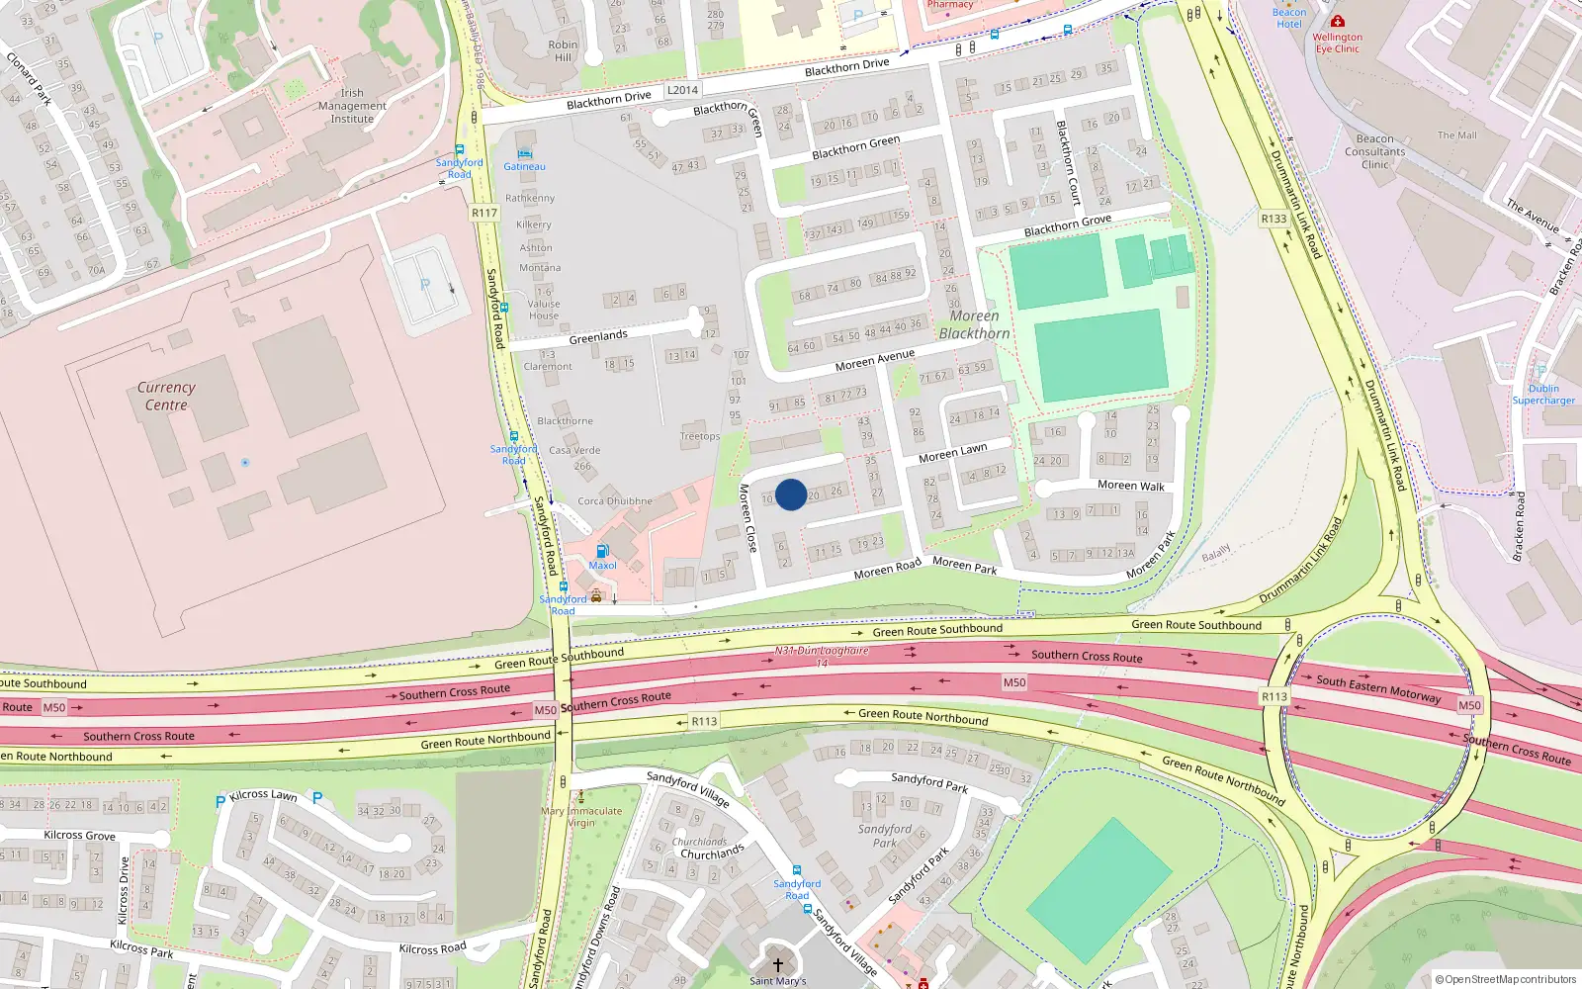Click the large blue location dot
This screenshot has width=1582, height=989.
click(791, 494)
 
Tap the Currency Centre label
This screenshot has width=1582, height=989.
click(166, 397)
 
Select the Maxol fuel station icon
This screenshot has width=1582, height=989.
click(602, 552)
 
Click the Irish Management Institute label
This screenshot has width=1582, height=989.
click(352, 106)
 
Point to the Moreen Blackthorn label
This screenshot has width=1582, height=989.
click(974, 325)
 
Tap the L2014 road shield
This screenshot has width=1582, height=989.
click(682, 90)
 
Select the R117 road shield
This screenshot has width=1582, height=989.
click(484, 213)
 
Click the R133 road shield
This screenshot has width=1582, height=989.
click(1274, 220)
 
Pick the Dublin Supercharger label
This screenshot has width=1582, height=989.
click(1543, 395)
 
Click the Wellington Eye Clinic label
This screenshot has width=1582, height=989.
click(1337, 43)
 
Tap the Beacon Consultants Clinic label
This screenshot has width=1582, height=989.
click(1374, 151)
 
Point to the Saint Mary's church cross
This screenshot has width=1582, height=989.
click(777, 965)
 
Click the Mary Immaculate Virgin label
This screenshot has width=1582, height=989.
click(581, 817)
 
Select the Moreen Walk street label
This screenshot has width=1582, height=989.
click(1130, 486)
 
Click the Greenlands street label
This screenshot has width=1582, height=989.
click(597, 337)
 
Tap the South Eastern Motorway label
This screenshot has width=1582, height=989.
click(1378, 689)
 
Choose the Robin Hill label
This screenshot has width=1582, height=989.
click(563, 50)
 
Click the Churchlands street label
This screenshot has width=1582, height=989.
click(712, 853)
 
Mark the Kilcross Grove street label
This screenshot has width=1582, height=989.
click(79, 836)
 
